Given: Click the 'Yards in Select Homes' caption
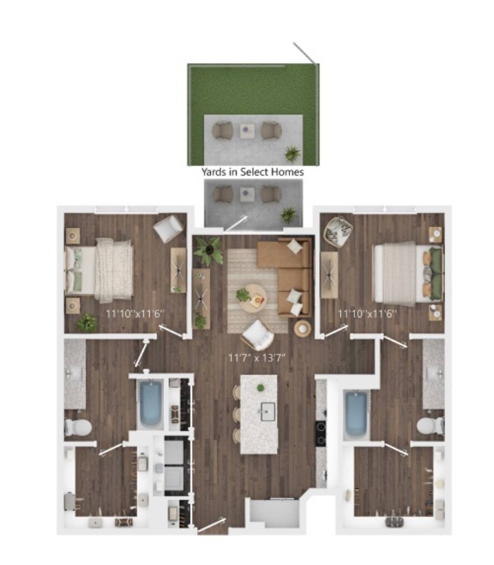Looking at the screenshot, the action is click(252, 172).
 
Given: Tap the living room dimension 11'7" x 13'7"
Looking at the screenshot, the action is click(257, 358).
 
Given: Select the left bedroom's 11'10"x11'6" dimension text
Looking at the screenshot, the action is click(135, 314).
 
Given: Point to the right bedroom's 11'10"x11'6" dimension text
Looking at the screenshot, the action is click(367, 314).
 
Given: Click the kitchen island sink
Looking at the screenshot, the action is click(268, 412).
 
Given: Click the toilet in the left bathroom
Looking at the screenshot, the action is click(78, 427).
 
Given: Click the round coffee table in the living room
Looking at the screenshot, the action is click(253, 299).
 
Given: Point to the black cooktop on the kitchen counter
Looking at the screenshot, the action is click(321, 434).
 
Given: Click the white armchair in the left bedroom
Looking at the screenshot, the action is click(168, 229).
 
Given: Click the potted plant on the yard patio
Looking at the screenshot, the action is click(293, 153).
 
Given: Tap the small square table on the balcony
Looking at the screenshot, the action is click(247, 194).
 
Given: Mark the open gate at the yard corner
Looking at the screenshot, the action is click(304, 53).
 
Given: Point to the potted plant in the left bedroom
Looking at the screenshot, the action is click(87, 323).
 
